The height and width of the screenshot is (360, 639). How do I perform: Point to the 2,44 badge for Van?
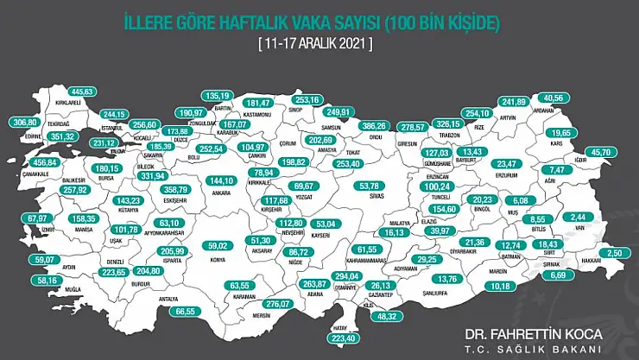tap(578, 218)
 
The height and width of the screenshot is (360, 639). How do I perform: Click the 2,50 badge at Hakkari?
tap(612, 252)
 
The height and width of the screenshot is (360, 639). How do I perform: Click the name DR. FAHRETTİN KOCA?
tap(530, 332)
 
